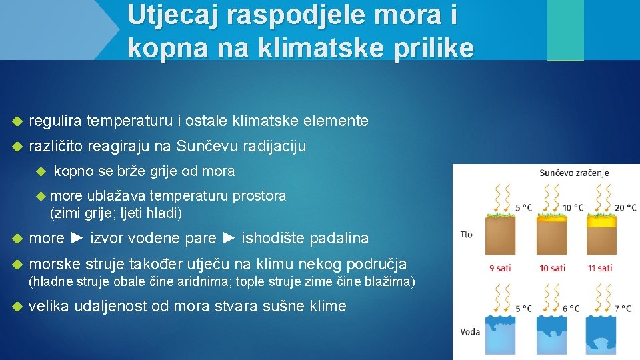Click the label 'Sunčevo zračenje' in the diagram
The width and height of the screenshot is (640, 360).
pyautogui.click(x=574, y=173)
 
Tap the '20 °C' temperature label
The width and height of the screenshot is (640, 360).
pyautogui.click(x=625, y=207)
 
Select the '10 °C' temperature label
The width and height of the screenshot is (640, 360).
pyautogui.click(x=573, y=207)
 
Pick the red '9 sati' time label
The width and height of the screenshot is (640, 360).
pyautogui.click(x=500, y=268)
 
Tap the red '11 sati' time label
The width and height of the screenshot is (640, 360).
pyautogui.click(x=600, y=268)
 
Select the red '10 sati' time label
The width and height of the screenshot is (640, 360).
pyautogui.click(x=552, y=268)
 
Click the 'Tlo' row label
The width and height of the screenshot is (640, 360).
pyautogui.click(x=467, y=235)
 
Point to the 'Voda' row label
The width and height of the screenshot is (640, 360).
pyautogui.click(x=470, y=331)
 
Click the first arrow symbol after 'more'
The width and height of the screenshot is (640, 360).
pyautogui.click(x=77, y=238)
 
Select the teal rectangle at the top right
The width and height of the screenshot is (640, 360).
pyautogui.click(x=565, y=30)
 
